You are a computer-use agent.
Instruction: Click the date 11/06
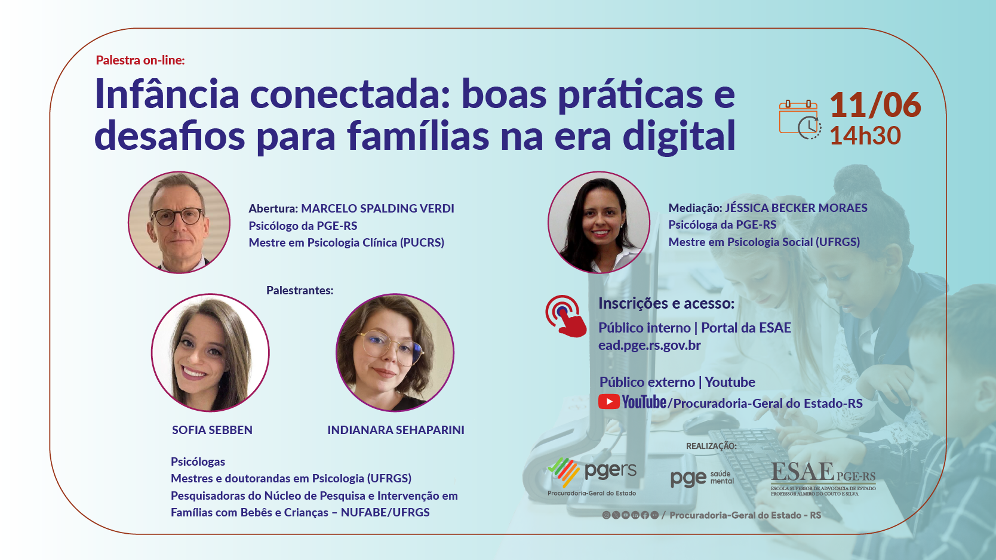875,105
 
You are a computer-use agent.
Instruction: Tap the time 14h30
865,136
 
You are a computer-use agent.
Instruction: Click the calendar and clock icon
800,119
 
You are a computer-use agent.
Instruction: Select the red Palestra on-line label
140,60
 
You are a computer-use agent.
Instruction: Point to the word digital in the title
679,136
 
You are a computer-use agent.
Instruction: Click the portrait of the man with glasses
179,223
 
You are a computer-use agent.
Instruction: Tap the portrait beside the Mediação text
599,223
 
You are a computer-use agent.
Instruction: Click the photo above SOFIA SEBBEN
210,353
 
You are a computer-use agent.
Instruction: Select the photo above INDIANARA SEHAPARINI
395,353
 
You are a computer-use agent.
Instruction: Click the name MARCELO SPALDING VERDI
377,208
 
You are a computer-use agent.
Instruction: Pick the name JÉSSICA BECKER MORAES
796,208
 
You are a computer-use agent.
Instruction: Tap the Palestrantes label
300,291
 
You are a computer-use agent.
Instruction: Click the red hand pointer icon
565,316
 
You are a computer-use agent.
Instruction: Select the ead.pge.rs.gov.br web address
649,345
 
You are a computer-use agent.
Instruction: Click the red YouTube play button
608,402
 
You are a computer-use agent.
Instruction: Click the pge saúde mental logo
702,478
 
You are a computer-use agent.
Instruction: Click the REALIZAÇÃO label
711,446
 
